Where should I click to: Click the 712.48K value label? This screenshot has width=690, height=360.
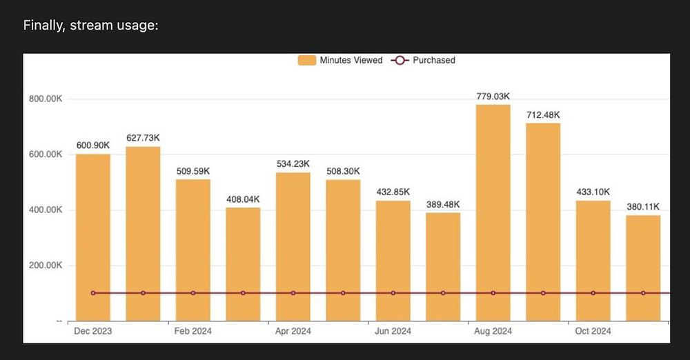tap(543, 114)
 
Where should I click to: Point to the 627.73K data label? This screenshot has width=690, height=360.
tap(143, 138)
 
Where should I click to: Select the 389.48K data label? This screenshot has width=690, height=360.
tap(443, 204)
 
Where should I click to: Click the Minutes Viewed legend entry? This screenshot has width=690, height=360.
tap(341, 60)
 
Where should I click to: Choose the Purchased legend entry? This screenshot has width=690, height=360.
tap(424, 60)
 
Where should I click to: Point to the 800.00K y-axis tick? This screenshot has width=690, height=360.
tap(46, 99)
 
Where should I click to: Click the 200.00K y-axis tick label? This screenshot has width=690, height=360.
tap(46, 266)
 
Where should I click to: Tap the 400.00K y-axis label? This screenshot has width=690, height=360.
tap(46, 210)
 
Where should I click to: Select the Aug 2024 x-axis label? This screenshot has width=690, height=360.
tap(493, 331)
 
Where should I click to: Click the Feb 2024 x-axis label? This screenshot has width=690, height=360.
tap(193, 331)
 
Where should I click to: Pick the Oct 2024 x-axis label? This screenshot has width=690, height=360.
tap(593, 331)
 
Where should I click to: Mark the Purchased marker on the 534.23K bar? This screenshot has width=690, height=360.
tap(293, 293)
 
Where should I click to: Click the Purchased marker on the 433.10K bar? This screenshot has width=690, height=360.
tap(593, 293)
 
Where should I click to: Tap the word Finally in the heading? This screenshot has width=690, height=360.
tap(43, 26)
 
